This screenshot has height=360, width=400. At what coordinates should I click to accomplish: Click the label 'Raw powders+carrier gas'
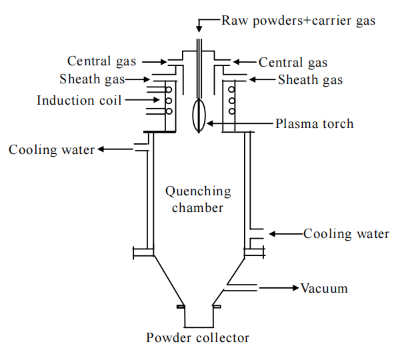[299, 20]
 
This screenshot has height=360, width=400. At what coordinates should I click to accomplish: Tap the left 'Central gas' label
[102, 61]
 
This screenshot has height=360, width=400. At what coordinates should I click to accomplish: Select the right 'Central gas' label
[293, 63]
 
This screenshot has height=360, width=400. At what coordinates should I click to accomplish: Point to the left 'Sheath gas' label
[92, 80]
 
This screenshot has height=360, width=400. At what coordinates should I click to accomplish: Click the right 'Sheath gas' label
[310, 80]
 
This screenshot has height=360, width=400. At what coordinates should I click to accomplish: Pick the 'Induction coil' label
[80, 101]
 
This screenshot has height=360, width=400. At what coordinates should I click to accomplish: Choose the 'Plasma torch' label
[315, 123]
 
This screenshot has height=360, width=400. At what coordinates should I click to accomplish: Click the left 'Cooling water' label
[52, 149]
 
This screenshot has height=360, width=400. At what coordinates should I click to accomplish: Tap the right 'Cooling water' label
[346, 233]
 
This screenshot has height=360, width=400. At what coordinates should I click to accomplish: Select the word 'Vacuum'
[324, 288]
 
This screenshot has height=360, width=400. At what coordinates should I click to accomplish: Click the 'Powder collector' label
[198, 337]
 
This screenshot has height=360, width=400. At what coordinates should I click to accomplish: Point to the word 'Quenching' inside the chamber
[198, 191]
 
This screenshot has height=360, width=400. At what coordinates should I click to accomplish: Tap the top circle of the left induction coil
[169, 90]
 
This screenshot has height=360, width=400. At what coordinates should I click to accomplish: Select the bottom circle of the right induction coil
[232, 111]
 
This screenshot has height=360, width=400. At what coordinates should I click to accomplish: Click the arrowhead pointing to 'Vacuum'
[293, 288]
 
